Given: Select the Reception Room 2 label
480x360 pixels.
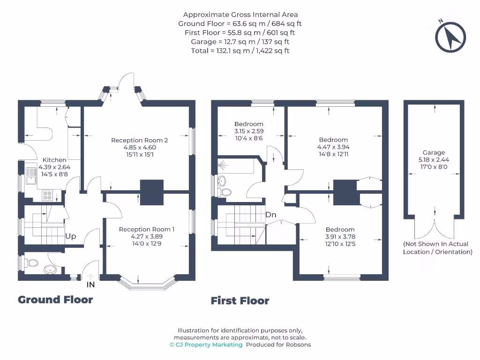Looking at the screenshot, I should pyautogui.click(x=139, y=140).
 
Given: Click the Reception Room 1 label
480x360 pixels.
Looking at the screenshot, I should pyautogui.click(x=146, y=229).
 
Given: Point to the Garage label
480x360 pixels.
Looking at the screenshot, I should pyautogui.click(x=433, y=152).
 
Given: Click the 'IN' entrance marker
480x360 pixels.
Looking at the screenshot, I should pyautogui.click(x=90, y=284).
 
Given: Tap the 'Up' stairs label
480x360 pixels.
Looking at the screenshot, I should pyautogui.click(x=71, y=236).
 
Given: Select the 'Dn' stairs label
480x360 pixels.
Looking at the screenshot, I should pyautogui.click(x=271, y=215).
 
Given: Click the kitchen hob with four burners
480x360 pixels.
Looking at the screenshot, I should pyautogui.click(x=48, y=195).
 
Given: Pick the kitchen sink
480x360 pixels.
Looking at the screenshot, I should pyautogui.click(x=31, y=176).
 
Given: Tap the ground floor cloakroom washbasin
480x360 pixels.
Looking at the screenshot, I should pyautogui.click(x=50, y=270).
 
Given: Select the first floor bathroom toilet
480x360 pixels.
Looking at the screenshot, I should pyautogui.click(x=225, y=192).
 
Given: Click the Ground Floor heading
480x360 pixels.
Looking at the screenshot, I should pyautogui.click(x=55, y=300).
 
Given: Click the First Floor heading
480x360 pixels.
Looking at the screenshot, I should pyautogui.click(x=240, y=300).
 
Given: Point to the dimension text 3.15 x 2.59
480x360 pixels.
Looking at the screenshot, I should pyautogui.click(x=249, y=132).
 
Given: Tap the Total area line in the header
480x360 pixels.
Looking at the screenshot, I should pyautogui.click(x=240, y=51).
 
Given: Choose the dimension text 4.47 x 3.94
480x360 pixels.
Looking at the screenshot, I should pyautogui.click(x=333, y=147).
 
